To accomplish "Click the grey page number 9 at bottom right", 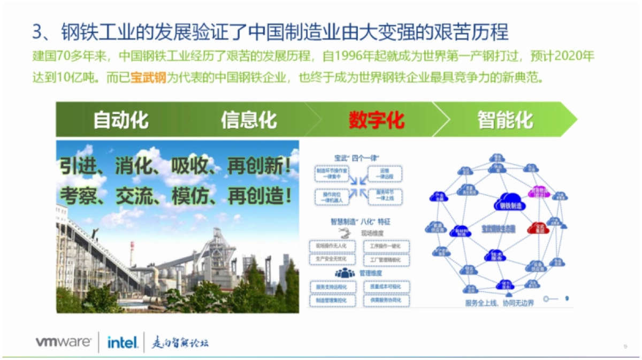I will (625, 346).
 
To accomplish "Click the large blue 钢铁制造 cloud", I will (511, 202).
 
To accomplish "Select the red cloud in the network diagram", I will (536, 228).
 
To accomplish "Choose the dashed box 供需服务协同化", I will (385, 301).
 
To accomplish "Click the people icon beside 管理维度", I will (345, 273).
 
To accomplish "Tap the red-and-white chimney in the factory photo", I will (132, 254).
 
